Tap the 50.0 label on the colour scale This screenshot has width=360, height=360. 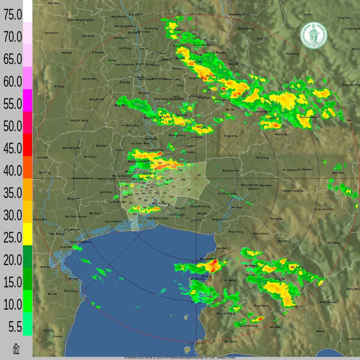click(x=13, y=126)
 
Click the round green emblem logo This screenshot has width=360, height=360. click(x=314, y=35)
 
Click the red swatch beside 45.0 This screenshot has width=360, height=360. click(x=28, y=145)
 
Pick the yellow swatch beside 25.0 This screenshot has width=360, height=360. click(x=28, y=234)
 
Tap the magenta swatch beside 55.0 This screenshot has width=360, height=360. click(x=28, y=100)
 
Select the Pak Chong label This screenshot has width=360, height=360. click(x=292, y=54)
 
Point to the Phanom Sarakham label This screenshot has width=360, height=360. click(x=293, y=191)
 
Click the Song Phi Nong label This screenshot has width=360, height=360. click(x=79, y=121)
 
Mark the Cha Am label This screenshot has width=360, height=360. click(x=58, y=336)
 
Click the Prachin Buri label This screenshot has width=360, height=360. click(x=282, y=134)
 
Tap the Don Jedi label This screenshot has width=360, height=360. click(x=67, y=53)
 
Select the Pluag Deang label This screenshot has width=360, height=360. click(x=261, y=306)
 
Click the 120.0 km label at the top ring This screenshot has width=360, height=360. click(x=196, y=14)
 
